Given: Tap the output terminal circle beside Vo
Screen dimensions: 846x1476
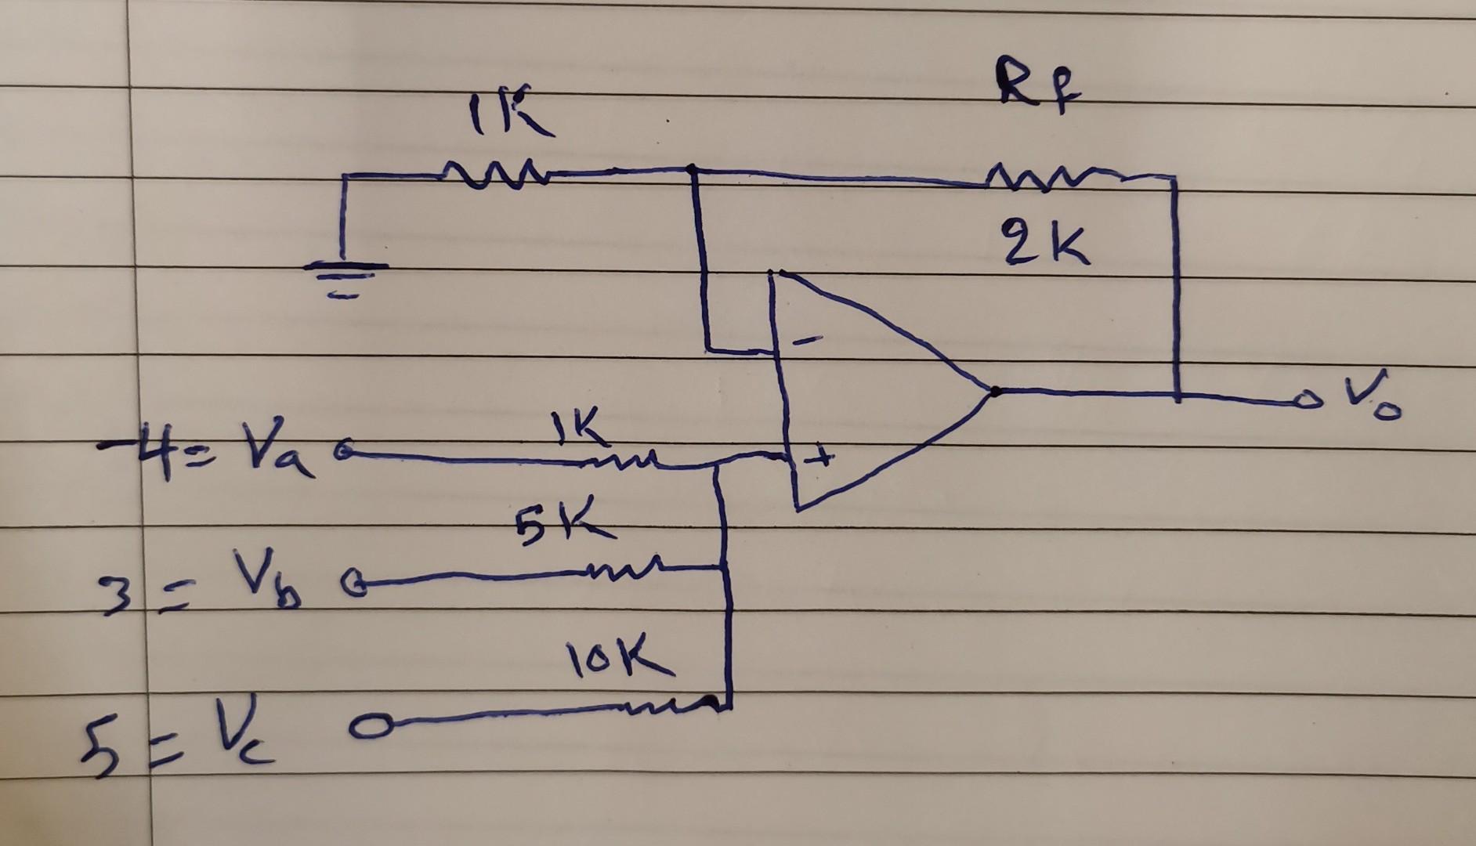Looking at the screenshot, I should click(1304, 402).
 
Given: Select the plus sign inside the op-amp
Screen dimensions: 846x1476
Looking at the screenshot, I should click(819, 454).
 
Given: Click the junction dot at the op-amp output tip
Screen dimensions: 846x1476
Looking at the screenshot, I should click(994, 391).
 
